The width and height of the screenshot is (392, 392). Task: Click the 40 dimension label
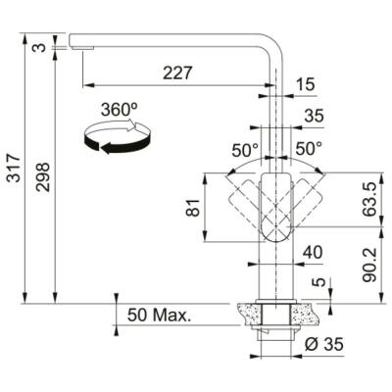pyautogui.click(x=313, y=254)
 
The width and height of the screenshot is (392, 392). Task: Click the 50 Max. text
pyautogui.click(x=158, y=316)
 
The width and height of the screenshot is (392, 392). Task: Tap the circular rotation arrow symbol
pyautogui.click(x=119, y=139)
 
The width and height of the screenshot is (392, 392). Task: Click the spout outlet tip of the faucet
pyautogui.click(x=78, y=43)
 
